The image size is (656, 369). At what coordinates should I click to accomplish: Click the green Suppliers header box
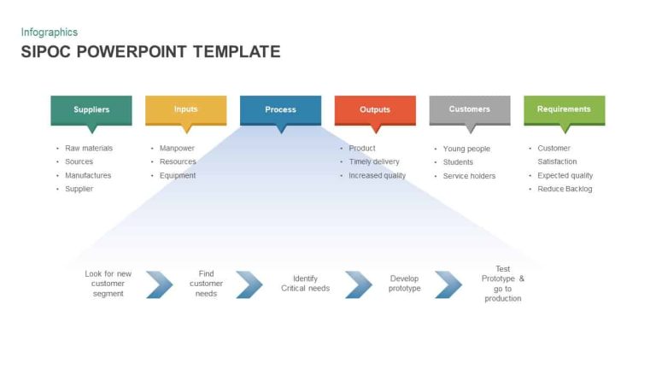[91, 109]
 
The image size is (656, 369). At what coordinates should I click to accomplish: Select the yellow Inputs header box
[185, 109]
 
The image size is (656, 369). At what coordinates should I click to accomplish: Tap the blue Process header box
[280, 109]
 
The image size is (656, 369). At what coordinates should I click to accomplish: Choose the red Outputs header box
[374, 109]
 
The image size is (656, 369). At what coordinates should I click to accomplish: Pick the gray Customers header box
[469, 109]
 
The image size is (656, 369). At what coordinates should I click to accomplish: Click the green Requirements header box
[564, 109]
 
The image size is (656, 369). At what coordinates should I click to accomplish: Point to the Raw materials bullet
[88, 149]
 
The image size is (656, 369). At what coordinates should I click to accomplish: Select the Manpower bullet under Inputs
[177, 149]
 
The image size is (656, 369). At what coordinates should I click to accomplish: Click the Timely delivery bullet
[373, 162]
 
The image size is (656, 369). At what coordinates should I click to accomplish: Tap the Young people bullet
[466, 149]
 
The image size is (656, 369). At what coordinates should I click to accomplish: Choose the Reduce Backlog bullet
[565, 190]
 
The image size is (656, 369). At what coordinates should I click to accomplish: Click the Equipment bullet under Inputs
[178, 176]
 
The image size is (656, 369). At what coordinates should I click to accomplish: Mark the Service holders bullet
[469, 176]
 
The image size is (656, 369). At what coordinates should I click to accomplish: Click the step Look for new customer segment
[108, 284]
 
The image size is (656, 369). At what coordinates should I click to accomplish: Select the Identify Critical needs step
[305, 284]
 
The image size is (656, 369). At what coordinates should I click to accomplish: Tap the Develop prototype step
[404, 284]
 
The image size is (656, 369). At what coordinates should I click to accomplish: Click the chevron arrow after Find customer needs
[249, 284]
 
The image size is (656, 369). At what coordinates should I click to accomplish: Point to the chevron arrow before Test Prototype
[448, 284]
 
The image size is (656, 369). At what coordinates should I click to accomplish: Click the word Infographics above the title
[49, 32]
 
